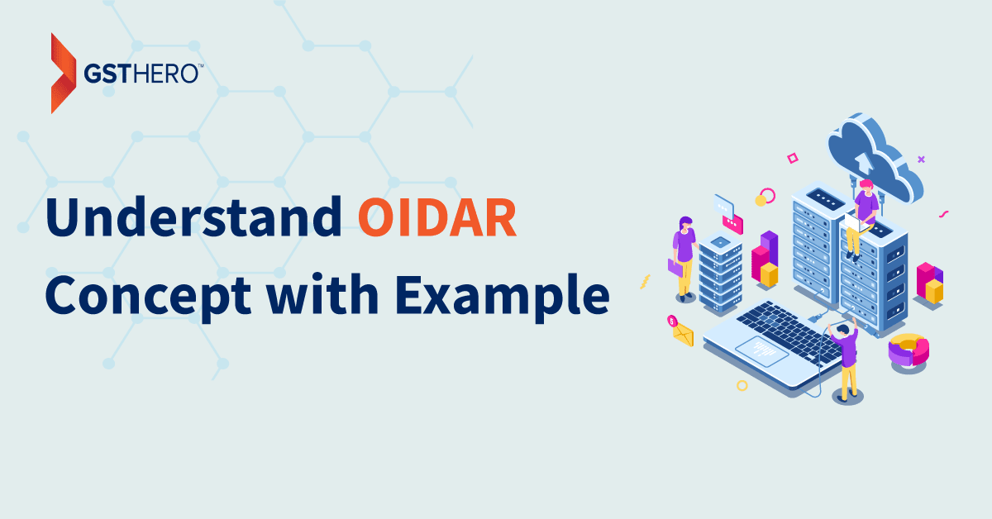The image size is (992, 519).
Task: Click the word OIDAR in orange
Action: (437, 217)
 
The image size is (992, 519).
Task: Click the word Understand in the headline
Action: (193, 217)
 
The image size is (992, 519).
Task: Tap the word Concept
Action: (148, 295)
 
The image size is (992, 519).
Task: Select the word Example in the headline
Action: (503, 295)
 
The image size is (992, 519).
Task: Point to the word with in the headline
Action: (322, 293)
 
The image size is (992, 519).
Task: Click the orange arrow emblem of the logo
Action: (64, 73)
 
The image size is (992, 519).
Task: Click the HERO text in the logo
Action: (165, 74)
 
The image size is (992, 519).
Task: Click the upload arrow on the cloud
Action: (864, 163)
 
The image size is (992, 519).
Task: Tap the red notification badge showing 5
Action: (672, 321)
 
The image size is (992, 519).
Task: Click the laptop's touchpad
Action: (761, 351)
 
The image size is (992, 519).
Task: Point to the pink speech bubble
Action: (732, 224)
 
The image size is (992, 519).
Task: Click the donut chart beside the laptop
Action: (909, 350)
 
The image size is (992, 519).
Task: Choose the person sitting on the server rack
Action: (862, 219)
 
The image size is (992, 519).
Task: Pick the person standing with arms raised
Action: (845, 359)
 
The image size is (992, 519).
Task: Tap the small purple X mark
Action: (921, 160)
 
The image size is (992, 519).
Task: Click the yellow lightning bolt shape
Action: (646, 282)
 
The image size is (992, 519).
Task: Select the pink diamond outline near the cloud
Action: (793, 158)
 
